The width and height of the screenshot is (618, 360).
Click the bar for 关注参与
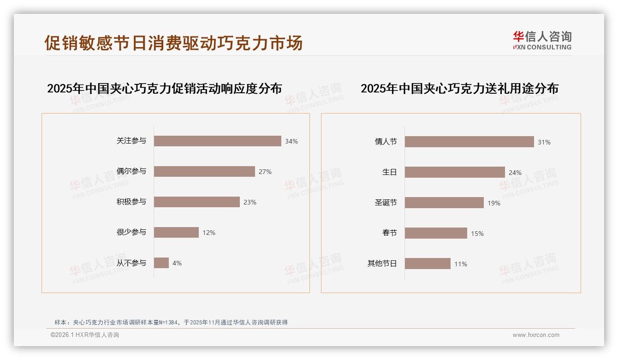pyautogui.click(x=217, y=141)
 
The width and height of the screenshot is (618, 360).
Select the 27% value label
pyautogui.click(x=265, y=172)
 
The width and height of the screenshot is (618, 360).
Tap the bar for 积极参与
pyautogui.click(x=196, y=202)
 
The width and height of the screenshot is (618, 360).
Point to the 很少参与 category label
pyautogui.click(x=131, y=232)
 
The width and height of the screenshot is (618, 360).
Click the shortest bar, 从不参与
pyautogui.click(x=161, y=263)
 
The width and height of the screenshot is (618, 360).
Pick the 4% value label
pyautogui.click(x=177, y=263)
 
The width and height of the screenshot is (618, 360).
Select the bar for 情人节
pyautogui.click(x=469, y=142)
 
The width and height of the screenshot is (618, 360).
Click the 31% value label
pyautogui.click(x=544, y=142)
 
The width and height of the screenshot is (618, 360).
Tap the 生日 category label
pyautogui.click(x=389, y=172)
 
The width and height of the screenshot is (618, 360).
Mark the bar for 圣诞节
pyautogui.click(x=444, y=203)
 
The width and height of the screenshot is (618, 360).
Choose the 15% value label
pyautogui.click(x=477, y=234)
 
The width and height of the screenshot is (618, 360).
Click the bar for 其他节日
pyautogui.click(x=428, y=264)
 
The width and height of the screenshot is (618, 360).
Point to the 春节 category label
pyautogui.click(x=389, y=233)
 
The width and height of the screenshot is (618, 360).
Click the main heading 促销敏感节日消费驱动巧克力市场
pyautogui.click(x=173, y=42)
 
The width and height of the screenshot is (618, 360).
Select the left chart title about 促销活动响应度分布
pyautogui.click(x=164, y=88)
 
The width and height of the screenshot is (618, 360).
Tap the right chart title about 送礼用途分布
pyautogui.click(x=459, y=88)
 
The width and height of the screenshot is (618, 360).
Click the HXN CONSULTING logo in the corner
pyautogui.click(x=542, y=41)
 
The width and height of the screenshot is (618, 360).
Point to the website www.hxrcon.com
pyautogui.click(x=536, y=335)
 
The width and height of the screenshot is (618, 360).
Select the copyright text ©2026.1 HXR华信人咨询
pyautogui.click(x=85, y=335)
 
